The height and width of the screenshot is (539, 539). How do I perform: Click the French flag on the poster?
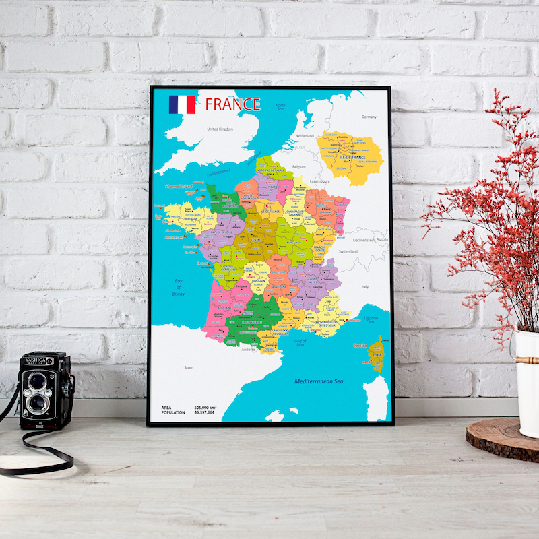point(182,104)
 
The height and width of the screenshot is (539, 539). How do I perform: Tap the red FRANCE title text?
point(232,104)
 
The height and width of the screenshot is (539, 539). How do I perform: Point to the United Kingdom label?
point(220,129)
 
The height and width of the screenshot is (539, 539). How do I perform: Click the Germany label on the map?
point(369,117)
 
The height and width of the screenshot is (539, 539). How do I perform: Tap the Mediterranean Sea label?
point(319,382)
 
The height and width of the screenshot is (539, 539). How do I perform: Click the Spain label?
point(189,367)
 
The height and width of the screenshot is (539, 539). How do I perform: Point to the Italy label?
point(364,286)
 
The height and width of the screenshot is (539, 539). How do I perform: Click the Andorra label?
point(249,349)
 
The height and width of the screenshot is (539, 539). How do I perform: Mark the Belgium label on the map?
point(299,166)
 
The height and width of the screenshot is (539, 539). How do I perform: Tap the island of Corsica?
point(376,354)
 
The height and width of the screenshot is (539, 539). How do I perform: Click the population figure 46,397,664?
point(204,412)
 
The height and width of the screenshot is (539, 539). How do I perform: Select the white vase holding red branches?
point(527,381)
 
